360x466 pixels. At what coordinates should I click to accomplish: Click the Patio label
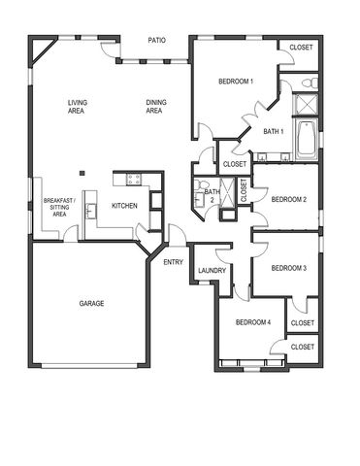coord(156,41)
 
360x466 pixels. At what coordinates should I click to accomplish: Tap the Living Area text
coord(78,107)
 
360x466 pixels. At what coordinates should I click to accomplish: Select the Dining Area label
coord(153,107)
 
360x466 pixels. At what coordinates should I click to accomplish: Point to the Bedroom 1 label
coord(235,81)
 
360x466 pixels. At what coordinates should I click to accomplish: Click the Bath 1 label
coord(274,131)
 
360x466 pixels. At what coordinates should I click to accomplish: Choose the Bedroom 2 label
coord(288,199)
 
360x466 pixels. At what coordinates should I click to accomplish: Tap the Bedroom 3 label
coord(288,268)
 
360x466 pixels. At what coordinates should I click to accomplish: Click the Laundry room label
coord(212,271)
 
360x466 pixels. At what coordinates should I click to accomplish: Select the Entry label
coord(174,261)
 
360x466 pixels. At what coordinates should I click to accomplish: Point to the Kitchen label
coord(124,206)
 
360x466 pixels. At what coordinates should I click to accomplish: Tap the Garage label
coord(92,303)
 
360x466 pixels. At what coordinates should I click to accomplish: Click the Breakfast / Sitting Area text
coord(59,207)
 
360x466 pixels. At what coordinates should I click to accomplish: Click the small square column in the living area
coord(83,175)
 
